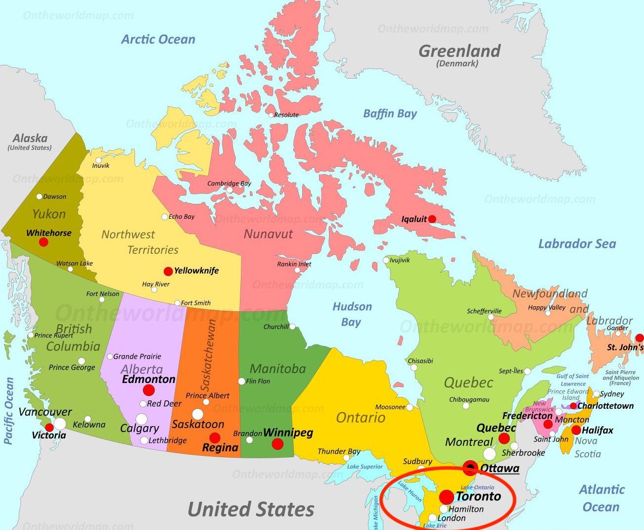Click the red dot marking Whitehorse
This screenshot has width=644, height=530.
44,242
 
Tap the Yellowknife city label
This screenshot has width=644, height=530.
196,271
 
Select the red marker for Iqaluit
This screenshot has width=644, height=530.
432,219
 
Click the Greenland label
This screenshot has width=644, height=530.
460,51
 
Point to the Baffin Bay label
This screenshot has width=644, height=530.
390,113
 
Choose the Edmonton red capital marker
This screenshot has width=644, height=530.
149,390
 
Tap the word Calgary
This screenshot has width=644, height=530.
139,429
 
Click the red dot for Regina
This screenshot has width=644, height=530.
215,437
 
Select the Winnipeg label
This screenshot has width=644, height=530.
288,433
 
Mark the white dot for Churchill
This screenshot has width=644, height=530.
292,327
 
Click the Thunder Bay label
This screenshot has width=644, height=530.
339,451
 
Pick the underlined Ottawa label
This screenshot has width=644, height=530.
500,468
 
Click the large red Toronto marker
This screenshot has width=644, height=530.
447,497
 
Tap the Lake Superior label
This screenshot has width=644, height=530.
365,467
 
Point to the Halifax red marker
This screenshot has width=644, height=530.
576,430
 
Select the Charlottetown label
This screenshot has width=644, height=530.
605,406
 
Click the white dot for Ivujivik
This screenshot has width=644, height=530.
386,260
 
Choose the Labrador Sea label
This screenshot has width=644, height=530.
577,243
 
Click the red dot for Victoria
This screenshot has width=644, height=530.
49,428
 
